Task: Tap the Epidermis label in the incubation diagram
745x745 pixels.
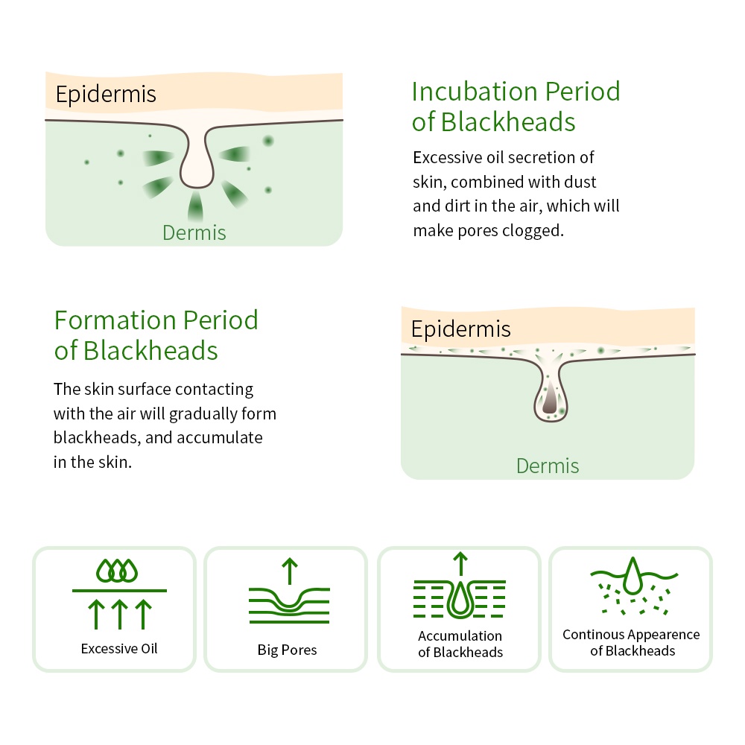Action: click(106, 95)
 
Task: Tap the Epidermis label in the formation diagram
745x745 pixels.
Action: click(461, 329)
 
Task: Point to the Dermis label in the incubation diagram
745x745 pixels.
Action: click(194, 232)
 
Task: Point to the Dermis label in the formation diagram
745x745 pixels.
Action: click(548, 466)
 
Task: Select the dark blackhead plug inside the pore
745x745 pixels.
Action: click(550, 399)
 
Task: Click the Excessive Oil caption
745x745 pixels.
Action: click(118, 649)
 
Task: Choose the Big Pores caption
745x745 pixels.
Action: click(287, 650)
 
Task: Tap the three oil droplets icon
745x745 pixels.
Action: click(117, 571)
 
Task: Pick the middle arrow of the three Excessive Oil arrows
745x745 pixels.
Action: click(120, 615)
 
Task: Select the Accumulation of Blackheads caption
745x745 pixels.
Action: click(460, 644)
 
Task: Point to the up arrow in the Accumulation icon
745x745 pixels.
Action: click(460, 564)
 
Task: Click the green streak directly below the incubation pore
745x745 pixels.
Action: click(195, 206)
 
